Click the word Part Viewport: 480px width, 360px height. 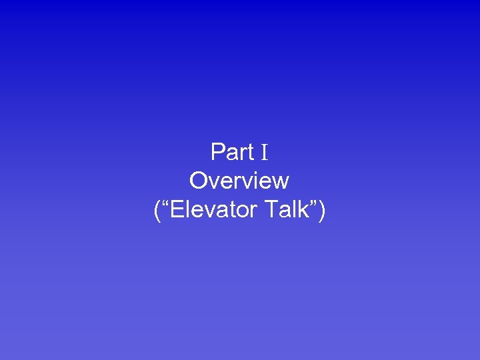(x=232, y=153)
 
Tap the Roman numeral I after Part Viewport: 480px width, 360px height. (x=264, y=153)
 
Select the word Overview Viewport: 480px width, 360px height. (x=239, y=181)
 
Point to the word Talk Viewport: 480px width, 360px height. (x=287, y=210)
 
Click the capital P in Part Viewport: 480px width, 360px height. (x=217, y=153)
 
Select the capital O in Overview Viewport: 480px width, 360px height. (x=199, y=181)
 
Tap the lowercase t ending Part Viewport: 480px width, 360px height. (x=251, y=153)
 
